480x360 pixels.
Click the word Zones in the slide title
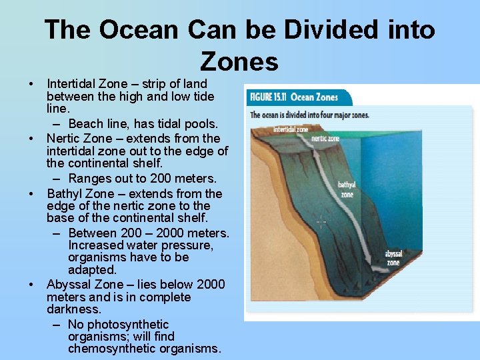click(x=239, y=61)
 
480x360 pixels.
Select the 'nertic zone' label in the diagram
click(x=325, y=139)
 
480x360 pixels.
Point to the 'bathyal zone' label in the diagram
click(x=347, y=190)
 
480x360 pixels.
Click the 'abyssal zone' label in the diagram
click(x=393, y=258)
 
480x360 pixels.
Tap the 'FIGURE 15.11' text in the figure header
click(x=268, y=97)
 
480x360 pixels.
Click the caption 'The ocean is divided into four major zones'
click(x=309, y=115)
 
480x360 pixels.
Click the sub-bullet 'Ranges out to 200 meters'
click(x=143, y=179)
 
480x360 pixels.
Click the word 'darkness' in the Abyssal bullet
click(x=73, y=309)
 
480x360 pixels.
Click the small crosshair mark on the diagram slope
click(x=321, y=222)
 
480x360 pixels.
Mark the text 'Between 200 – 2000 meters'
click(x=147, y=233)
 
